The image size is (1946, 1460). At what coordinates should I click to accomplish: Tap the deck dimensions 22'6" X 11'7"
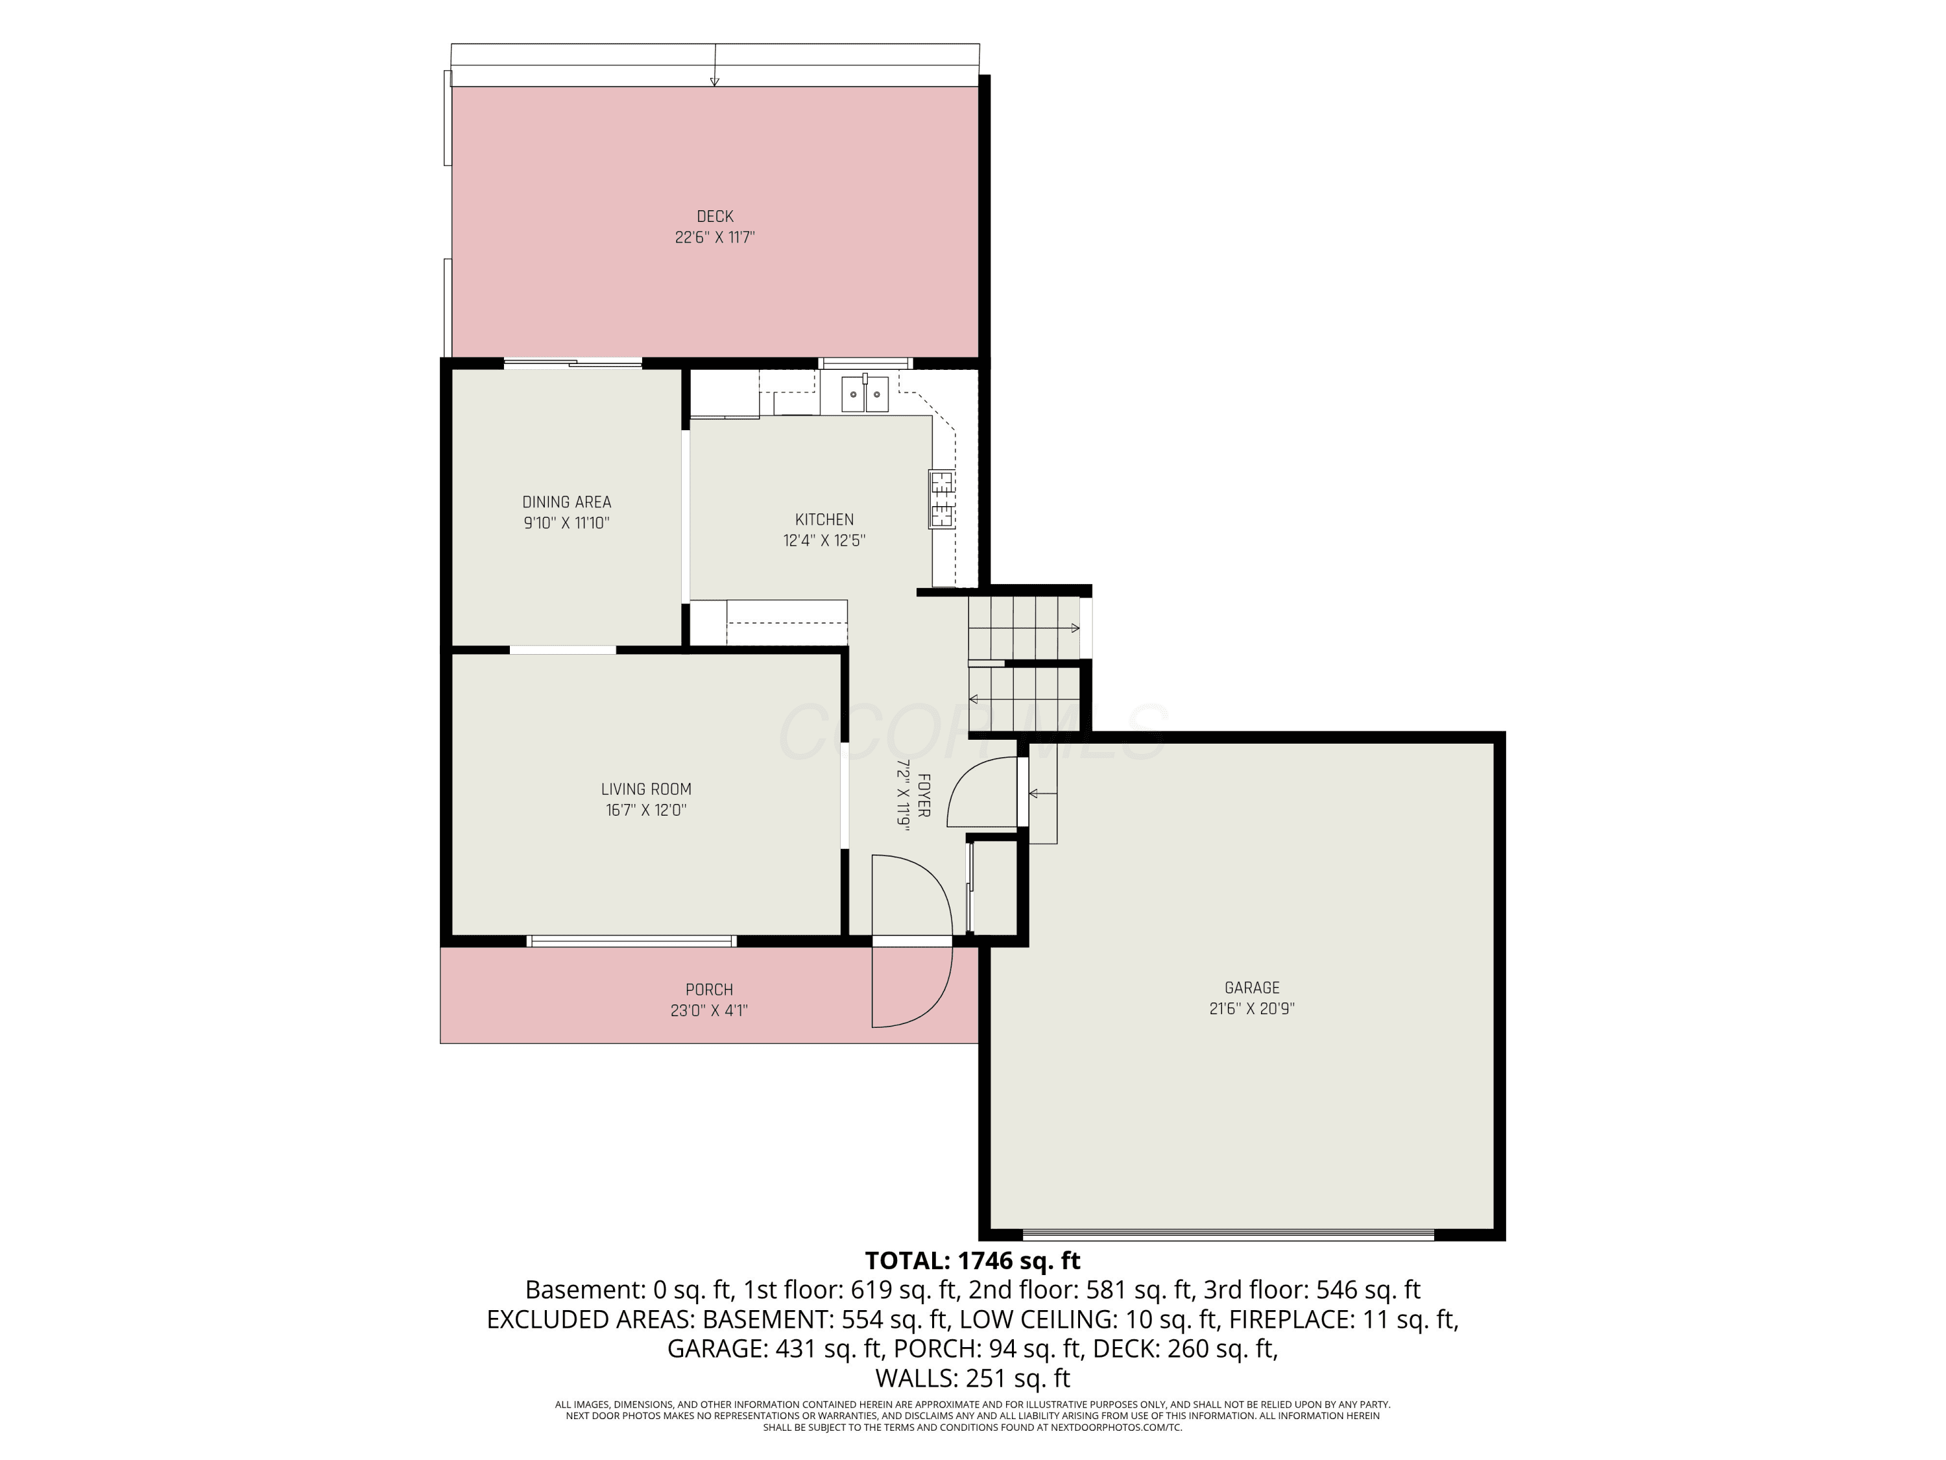click(x=714, y=237)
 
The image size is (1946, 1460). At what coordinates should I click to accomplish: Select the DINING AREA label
click(x=566, y=502)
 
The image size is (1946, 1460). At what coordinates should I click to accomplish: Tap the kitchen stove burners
click(x=941, y=499)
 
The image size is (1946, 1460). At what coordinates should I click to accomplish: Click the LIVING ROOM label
click(x=647, y=790)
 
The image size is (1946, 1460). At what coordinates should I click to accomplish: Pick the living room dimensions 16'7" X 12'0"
click(x=647, y=810)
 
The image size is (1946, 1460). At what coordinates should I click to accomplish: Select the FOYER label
click(x=924, y=795)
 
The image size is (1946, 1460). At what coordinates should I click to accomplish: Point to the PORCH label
click(x=709, y=990)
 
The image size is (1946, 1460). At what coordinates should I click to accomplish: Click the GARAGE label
click(x=1252, y=988)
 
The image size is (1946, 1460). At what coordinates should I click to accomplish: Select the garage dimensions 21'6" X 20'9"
click(x=1252, y=1010)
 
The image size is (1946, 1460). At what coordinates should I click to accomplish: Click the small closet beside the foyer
click(x=995, y=887)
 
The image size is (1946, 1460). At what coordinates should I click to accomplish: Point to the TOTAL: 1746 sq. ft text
click(x=972, y=1261)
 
